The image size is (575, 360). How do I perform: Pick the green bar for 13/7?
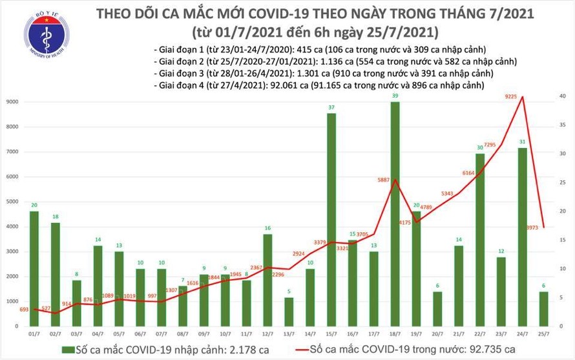point(289,312)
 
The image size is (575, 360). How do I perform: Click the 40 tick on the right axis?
point(563,96)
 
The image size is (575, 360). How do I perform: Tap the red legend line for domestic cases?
point(298,350)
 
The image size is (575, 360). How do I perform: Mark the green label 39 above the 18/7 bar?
point(394,96)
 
